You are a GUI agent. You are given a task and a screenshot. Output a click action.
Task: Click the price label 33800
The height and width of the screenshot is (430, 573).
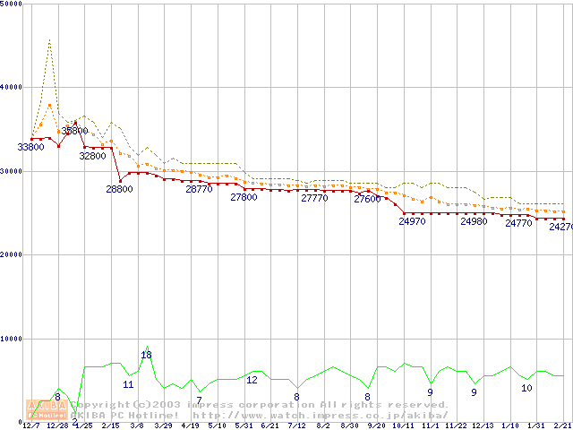coord(30,147)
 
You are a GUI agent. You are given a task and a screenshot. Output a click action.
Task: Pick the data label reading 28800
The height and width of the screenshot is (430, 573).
coord(119,189)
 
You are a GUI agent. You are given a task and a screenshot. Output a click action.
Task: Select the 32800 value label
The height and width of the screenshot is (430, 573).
coord(92,156)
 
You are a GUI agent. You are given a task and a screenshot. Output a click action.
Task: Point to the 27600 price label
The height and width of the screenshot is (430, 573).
coord(367,199)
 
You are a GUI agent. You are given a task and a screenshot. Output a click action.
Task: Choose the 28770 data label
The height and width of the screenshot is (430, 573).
coord(199,189)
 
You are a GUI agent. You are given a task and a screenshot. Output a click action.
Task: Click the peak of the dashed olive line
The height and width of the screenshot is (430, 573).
coord(48,39)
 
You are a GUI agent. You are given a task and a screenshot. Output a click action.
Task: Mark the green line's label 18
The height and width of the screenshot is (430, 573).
coord(146,356)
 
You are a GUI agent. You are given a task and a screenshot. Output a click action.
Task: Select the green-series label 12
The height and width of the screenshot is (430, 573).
coord(252,380)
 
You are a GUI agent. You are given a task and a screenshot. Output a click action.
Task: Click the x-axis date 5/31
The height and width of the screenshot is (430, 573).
coord(243,426)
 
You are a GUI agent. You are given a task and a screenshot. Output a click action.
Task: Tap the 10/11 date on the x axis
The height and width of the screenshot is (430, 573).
coord(403,426)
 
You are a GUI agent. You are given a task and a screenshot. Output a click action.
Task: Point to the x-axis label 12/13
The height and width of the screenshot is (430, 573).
coord(483,426)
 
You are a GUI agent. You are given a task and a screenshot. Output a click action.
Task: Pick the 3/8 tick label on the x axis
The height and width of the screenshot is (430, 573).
coord(137,426)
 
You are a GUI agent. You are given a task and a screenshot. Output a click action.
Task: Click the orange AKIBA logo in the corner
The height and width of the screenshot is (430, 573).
coord(47,410)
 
